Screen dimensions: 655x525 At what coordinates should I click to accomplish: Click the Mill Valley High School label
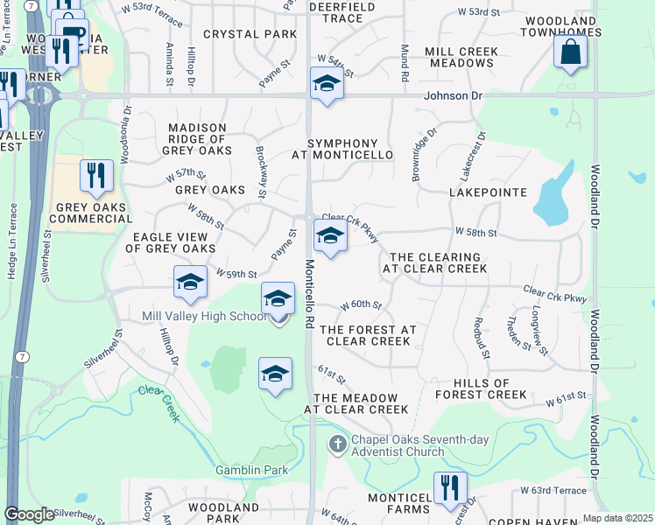click(x=203, y=315)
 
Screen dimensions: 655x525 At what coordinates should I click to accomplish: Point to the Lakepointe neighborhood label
click(x=488, y=192)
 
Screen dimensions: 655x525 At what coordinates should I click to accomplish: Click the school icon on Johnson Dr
click(x=326, y=84)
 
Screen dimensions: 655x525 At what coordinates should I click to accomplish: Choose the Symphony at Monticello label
click(x=342, y=149)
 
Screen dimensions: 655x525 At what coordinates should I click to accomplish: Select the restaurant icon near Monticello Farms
click(x=450, y=488)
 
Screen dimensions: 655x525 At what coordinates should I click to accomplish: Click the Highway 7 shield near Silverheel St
click(x=20, y=356)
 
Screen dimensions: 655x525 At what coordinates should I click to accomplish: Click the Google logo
click(x=29, y=514)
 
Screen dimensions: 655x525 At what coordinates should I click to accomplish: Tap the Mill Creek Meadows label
click(x=461, y=58)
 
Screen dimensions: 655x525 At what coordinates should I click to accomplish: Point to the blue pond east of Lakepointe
click(x=552, y=201)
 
